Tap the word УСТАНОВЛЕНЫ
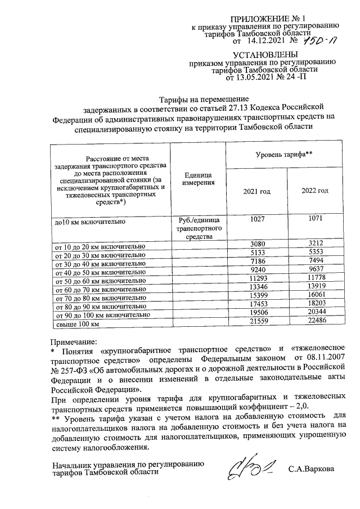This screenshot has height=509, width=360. click(263, 54)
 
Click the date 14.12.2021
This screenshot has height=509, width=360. click(264, 40)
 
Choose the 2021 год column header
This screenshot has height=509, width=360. click(256, 191)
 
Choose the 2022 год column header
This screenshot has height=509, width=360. click(314, 191)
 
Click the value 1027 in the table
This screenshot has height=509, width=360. click(256, 221)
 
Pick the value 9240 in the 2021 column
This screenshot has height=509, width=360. click(256, 270)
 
